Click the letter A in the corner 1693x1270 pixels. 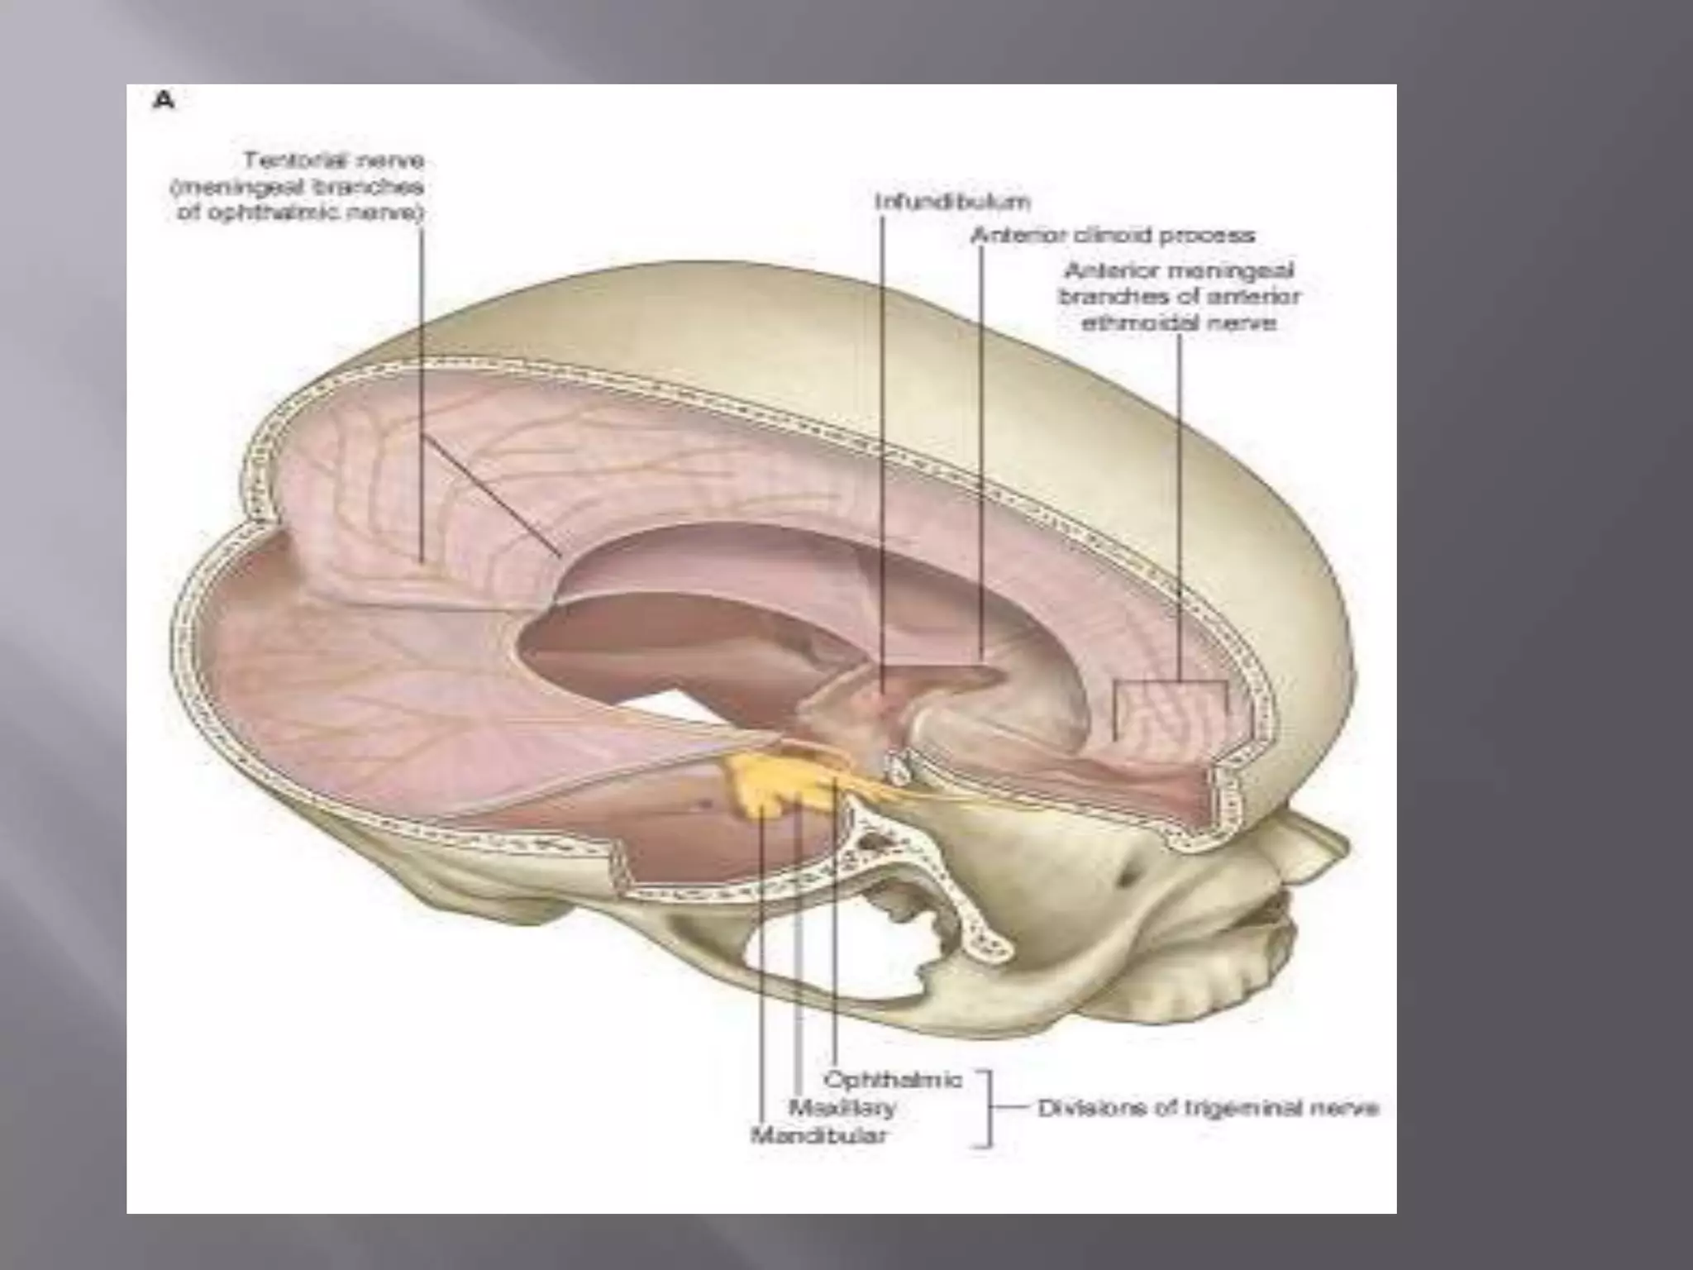click(165, 101)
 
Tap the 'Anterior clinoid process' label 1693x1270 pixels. click(1112, 236)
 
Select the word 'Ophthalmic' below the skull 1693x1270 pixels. click(893, 1080)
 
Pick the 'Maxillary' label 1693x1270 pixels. click(842, 1108)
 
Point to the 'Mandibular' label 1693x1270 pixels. click(818, 1136)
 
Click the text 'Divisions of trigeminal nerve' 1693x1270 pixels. click(1208, 1108)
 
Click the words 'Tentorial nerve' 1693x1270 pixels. click(333, 160)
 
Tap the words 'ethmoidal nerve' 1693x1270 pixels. click(1178, 323)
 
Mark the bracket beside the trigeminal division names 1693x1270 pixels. click(987, 1108)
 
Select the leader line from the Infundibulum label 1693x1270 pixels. click(881, 413)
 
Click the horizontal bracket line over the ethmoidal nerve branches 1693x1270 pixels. click(1170, 682)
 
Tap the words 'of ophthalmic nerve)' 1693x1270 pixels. click(300, 213)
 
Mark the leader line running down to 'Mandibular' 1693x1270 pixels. click(758, 951)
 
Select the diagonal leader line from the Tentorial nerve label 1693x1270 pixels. click(492, 496)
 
